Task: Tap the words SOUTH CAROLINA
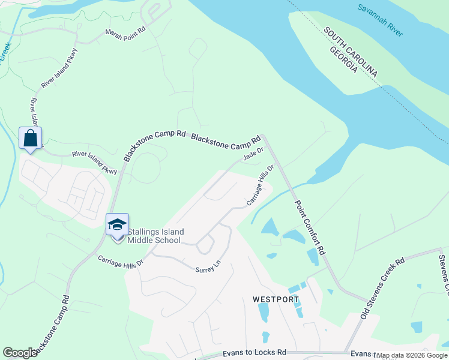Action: click(351, 52)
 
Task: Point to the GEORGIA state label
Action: click(344, 60)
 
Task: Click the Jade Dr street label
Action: click(253, 155)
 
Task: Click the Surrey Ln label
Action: click(208, 266)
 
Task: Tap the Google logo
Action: click(20, 352)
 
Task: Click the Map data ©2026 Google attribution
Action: click(412, 355)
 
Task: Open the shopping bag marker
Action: click(30, 139)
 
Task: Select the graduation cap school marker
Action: click(117, 226)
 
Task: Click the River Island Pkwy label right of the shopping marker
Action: click(94, 162)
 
